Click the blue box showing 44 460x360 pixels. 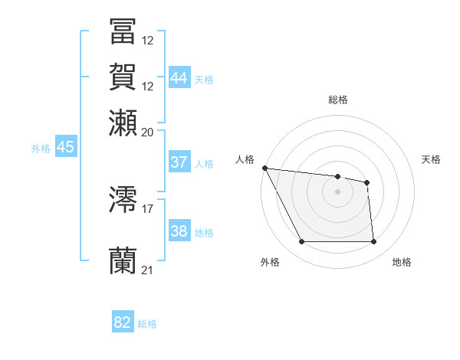pos(179,78)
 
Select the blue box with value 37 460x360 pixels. pos(179,162)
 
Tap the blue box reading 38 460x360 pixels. pos(179,232)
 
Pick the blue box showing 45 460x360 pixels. pos(65,148)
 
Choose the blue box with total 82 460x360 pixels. pos(123,322)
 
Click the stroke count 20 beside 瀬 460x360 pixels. pos(148,131)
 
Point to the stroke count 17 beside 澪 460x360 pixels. pos(148,208)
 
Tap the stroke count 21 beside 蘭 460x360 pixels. pos(148,269)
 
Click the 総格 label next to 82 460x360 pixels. pos(148,324)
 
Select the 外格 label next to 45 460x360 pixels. pos(41,149)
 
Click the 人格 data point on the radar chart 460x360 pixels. pos(264,168)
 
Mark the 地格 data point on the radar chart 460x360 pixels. pos(374,242)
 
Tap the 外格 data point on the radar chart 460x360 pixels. pos(301,242)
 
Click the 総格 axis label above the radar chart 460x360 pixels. pos(337,100)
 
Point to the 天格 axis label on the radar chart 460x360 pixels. pos(432,159)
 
